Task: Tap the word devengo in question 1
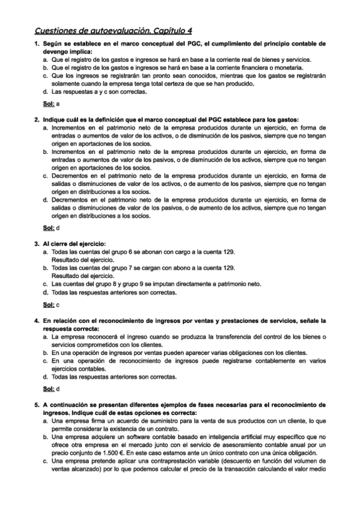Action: (x=54, y=52)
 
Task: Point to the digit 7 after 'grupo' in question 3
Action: (x=139, y=267)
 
